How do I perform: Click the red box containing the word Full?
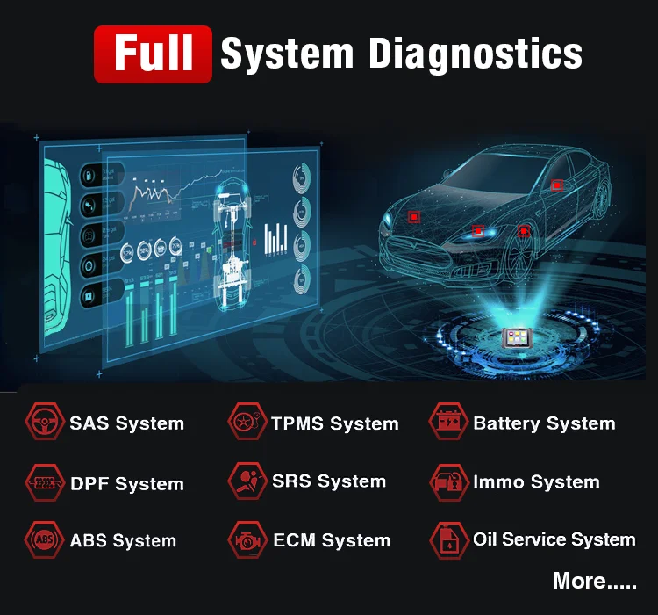click(x=154, y=54)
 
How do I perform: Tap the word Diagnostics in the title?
click(x=475, y=54)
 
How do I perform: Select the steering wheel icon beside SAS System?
click(x=41, y=423)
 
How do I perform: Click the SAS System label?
click(x=127, y=423)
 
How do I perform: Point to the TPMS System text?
click(x=335, y=423)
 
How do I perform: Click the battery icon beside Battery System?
click(x=447, y=423)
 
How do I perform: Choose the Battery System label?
click(x=544, y=423)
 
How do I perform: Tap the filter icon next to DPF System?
click(x=41, y=482)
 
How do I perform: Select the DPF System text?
click(x=127, y=484)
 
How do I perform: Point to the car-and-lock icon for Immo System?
click(x=447, y=481)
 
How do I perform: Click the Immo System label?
click(x=536, y=482)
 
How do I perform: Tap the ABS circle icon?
click(x=41, y=540)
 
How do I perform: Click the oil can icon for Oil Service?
click(x=447, y=540)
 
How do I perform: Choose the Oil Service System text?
click(x=554, y=539)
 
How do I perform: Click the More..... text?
click(x=595, y=581)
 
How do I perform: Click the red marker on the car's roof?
click(x=556, y=185)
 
